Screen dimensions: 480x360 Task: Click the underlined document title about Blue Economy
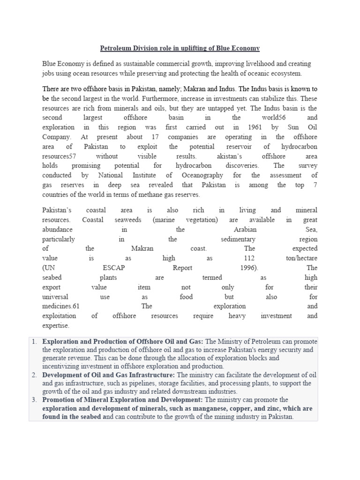tap(180, 48)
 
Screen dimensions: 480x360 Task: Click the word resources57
tap(59, 156)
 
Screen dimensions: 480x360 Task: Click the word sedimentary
tap(238, 239)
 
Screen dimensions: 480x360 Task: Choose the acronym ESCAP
tap(113, 268)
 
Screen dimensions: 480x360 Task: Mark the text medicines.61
tap(61, 306)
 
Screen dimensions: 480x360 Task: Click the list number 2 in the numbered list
tap(34, 375)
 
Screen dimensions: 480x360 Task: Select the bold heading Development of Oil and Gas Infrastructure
tap(108, 375)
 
